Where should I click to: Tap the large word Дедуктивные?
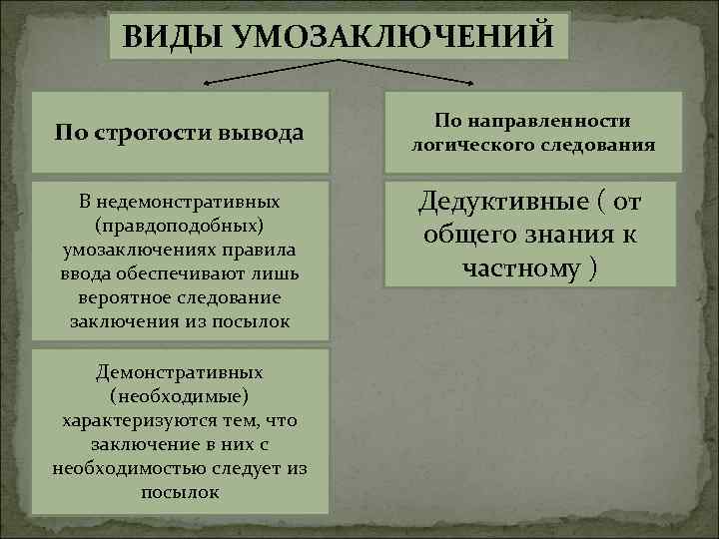click(496, 203)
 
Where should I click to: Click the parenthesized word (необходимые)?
click(180, 396)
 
